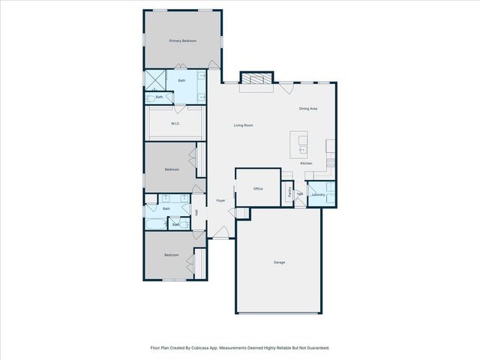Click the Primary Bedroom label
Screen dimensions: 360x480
(x=182, y=40)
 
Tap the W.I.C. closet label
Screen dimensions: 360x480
(x=174, y=124)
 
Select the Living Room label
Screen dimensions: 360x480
(x=242, y=125)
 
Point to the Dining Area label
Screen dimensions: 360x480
(x=308, y=109)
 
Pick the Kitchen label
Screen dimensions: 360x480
(x=306, y=163)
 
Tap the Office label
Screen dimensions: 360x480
(x=257, y=189)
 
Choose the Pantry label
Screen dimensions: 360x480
(x=289, y=192)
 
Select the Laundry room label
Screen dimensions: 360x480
(x=317, y=194)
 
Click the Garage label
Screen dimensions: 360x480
(x=278, y=262)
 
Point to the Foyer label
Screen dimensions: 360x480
(x=220, y=201)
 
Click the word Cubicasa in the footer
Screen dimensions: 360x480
(x=201, y=348)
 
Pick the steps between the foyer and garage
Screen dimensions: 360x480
(x=241, y=214)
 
